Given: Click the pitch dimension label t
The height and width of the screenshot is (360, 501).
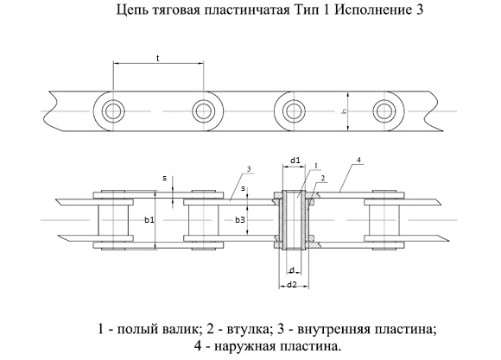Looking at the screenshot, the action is [x=158, y=58].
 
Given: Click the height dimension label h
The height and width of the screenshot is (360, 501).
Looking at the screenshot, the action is [x=345, y=111].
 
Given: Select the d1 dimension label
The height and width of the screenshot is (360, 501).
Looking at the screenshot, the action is [x=295, y=161].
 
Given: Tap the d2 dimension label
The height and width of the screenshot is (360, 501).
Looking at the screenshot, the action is [x=292, y=284].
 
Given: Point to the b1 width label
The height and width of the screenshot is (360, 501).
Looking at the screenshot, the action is [x=149, y=220].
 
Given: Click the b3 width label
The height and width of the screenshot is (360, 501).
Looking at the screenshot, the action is [x=240, y=220].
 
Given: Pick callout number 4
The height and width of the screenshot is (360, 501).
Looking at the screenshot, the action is [x=358, y=160].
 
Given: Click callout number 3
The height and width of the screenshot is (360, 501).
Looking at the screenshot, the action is [x=249, y=169].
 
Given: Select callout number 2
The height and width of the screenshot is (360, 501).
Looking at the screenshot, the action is [x=323, y=178].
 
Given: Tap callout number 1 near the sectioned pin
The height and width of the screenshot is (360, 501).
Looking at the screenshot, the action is [x=316, y=166].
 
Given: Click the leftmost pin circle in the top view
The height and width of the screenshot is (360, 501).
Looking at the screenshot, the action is [x=113, y=111].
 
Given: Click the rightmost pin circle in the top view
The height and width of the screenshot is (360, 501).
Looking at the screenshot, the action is [x=382, y=111].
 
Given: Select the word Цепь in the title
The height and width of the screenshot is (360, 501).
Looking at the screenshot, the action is [x=132, y=10].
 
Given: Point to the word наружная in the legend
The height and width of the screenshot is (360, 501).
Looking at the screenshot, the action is [x=243, y=346].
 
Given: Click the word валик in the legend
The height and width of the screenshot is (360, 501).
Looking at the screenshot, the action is [x=184, y=329].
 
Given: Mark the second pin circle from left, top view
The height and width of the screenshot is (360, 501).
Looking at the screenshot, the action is [x=203, y=111].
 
